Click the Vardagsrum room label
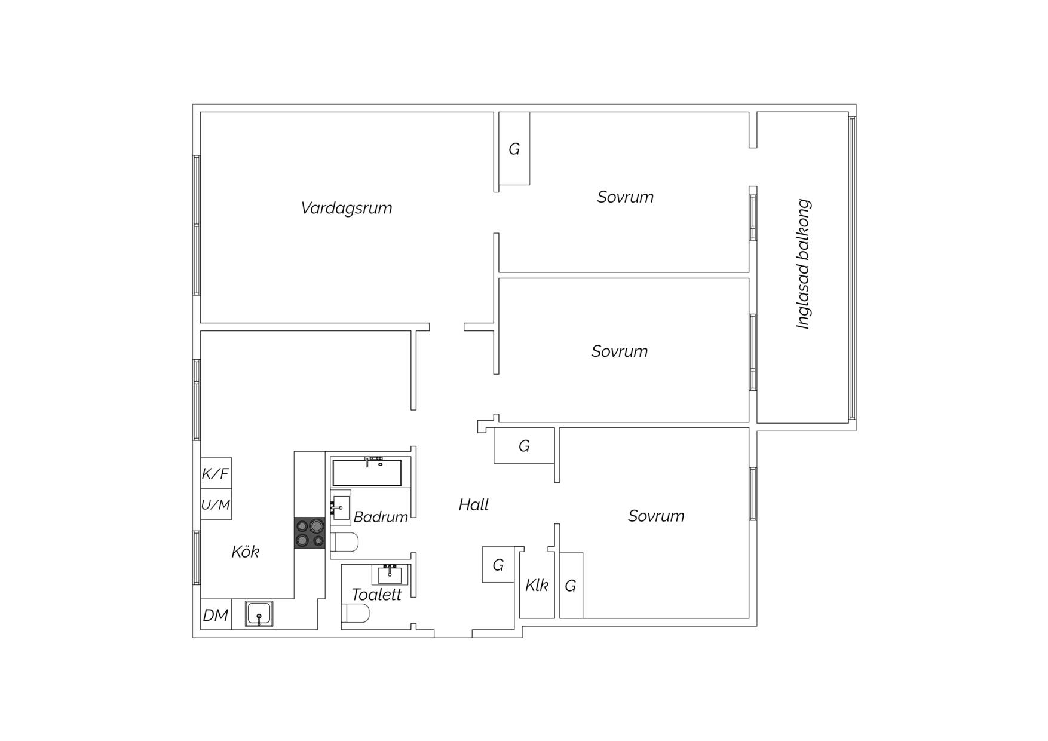click(x=347, y=208)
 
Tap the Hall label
click(x=474, y=505)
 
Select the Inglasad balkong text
click(x=803, y=264)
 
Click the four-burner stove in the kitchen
click(x=310, y=533)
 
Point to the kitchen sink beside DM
click(x=259, y=614)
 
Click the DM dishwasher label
click(x=215, y=615)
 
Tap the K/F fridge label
click(x=215, y=474)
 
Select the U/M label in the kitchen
click(x=216, y=505)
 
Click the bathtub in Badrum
click(x=367, y=472)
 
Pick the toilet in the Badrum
click(x=345, y=542)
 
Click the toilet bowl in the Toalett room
click(x=356, y=613)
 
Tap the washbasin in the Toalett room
click(x=390, y=574)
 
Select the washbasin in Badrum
click(x=341, y=508)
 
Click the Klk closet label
click(x=537, y=586)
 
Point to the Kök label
click(x=245, y=552)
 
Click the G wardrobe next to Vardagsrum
click(x=514, y=149)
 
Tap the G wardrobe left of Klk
click(x=498, y=565)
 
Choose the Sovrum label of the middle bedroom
click(x=620, y=351)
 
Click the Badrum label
click(x=381, y=517)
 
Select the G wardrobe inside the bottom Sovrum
click(x=571, y=586)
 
